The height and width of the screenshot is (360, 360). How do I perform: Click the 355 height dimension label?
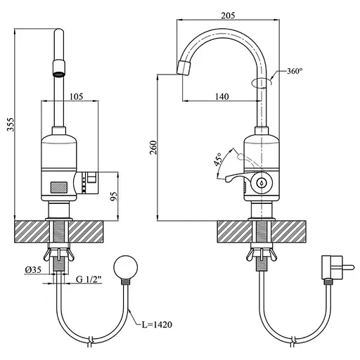click(11, 124)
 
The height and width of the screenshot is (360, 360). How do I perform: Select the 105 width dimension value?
click(77, 96)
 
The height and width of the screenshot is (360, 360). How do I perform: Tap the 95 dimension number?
click(113, 196)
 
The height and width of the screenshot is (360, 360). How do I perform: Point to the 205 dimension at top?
click(228, 15)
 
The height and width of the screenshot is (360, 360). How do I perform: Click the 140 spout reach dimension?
click(222, 96)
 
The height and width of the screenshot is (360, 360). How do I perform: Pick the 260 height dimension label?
click(153, 148)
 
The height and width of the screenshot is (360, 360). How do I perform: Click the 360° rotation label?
click(295, 71)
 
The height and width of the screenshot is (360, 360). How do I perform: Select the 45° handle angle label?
click(218, 160)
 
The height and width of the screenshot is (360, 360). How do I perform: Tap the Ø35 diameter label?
click(33, 270)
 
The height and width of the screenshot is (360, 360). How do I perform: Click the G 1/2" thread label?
click(89, 279)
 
